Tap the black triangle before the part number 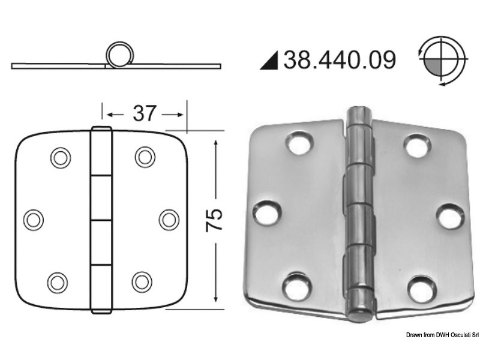tap(270, 61)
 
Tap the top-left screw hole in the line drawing tap(60, 157)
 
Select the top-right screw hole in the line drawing tap(145, 157)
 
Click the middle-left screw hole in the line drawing tap(34, 219)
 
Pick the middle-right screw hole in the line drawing tap(170, 219)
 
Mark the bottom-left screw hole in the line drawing tap(58, 281)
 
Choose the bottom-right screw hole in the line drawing tap(142, 281)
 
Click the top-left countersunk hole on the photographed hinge tap(298, 143)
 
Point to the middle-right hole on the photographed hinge tap(449, 216)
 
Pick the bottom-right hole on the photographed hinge tap(421, 289)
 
